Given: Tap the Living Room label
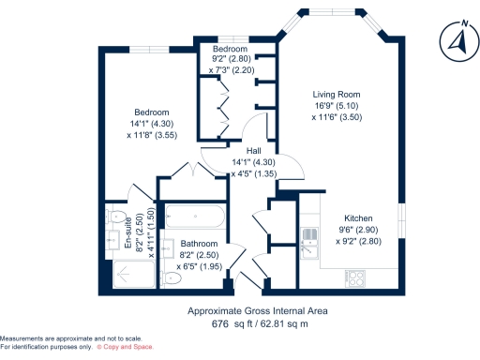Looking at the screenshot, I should [337, 95].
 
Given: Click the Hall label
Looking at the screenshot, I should [253, 151].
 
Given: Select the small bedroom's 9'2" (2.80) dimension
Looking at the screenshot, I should [229, 59].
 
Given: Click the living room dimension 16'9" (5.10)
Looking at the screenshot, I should [337, 106].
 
